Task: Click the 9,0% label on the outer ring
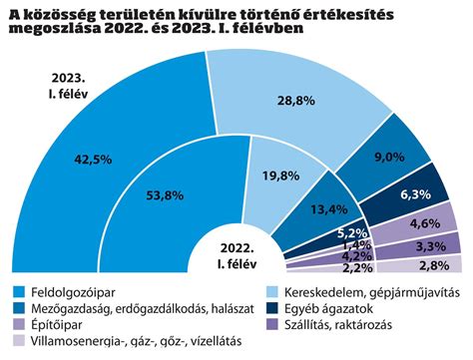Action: [x=387, y=155]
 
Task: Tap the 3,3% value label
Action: [x=430, y=245]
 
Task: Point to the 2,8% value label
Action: [x=433, y=265]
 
